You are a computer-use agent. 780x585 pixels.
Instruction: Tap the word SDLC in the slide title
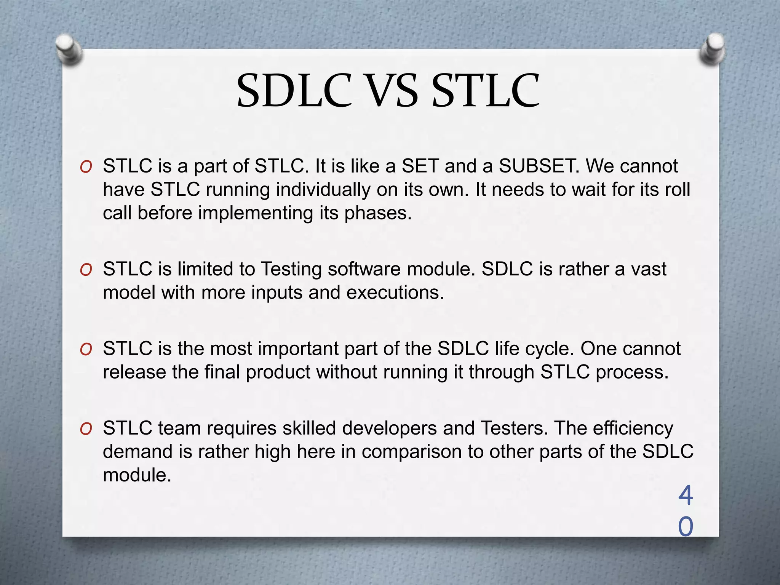(x=294, y=91)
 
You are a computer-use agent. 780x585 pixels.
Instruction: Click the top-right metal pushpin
(x=712, y=50)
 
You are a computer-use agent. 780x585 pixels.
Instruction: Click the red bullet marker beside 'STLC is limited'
(x=86, y=270)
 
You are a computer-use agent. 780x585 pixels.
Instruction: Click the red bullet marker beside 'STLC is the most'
(x=86, y=350)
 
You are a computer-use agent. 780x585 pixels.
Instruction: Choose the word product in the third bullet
(x=278, y=372)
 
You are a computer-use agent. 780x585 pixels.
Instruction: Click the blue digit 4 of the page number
(x=686, y=495)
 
